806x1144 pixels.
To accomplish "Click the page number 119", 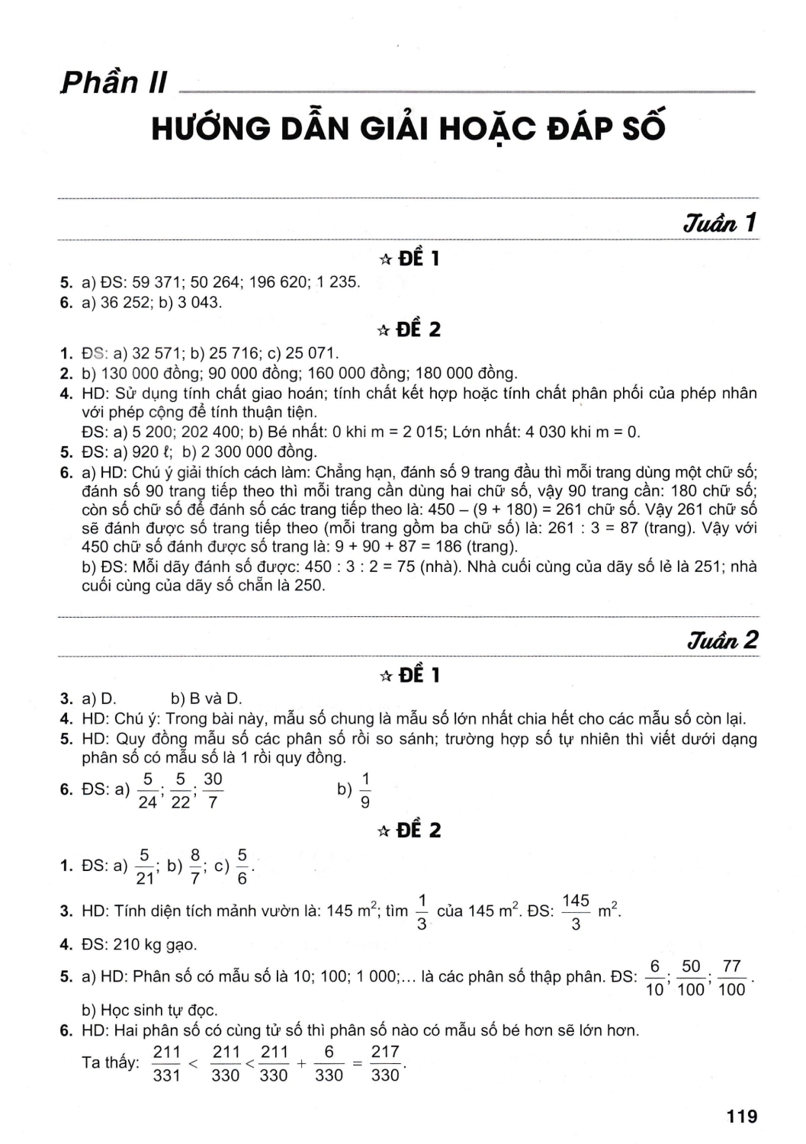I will pos(742,1116).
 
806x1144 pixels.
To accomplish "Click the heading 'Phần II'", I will pos(114,82).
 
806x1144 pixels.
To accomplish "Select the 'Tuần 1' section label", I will pos(720,223).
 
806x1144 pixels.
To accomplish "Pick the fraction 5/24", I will pos(147,790).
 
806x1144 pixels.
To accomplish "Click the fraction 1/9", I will pos(365,790).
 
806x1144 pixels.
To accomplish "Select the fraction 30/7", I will pos(213,790).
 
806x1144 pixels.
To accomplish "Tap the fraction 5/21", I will pos(145,866).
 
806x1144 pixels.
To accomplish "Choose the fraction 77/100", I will pos(732,978).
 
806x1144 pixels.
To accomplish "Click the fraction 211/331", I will pos(166,1063).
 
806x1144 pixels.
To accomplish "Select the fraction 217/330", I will pos(385,1063).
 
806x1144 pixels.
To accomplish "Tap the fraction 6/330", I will pos(329,1063).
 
